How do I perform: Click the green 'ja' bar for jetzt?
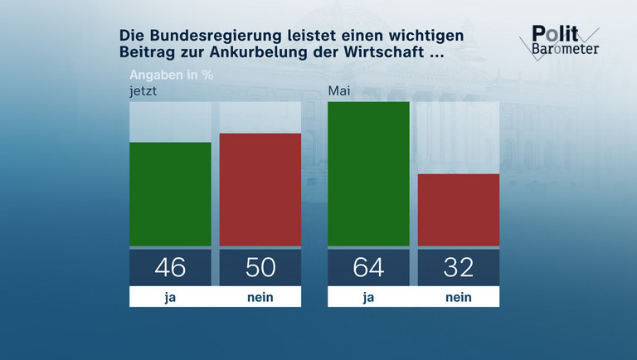pyautogui.click(x=170, y=194)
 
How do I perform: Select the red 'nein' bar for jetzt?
pyautogui.click(x=260, y=190)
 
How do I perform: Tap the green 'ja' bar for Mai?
pyautogui.click(x=368, y=174)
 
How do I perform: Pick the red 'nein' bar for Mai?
pyautogui.click(x=458, y=210)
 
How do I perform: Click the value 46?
pyautogui.click(x=170, y=267)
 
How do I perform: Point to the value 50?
pyautogui.click(x=260, y=267)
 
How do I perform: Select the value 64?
pyautogui.click(x=368, y=267)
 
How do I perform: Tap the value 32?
pyautogui.click(x=458, y=267)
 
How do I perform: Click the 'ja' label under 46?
pyautogui.click(x=170, y=297)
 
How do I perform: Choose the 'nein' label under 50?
pyautogui.click(x=260, y=297)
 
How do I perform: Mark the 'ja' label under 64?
pyautogui.click(x=368, y=297)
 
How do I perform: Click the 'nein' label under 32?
pyautogui.click(x=458, y=297)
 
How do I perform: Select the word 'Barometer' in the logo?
pyautogui.click(x=566, y=48)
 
